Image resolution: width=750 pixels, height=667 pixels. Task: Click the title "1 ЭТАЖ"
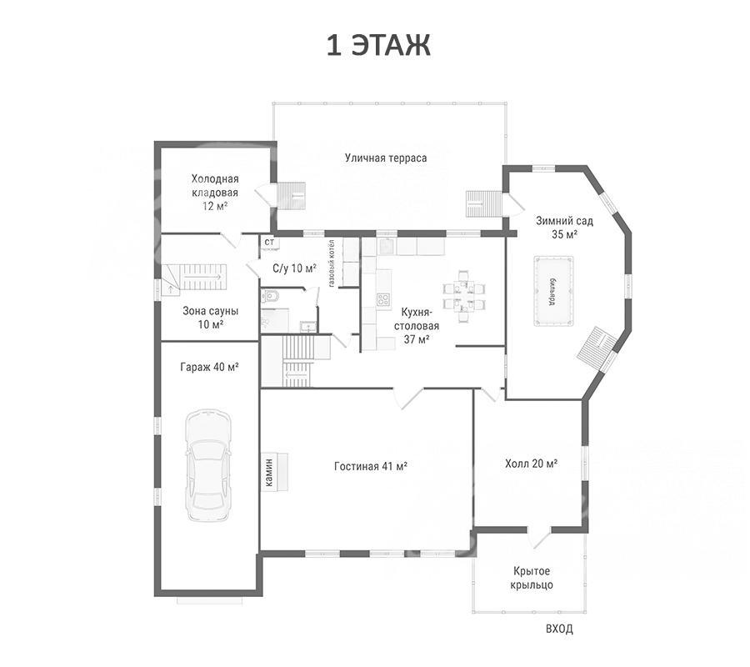(378, 46)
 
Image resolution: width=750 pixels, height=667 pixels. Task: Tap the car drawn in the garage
(208, 465)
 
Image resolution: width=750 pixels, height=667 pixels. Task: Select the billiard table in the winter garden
(553, 291)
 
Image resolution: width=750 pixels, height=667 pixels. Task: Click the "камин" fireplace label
(269, 471)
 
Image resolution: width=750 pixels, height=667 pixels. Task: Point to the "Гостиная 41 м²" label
(371, 466)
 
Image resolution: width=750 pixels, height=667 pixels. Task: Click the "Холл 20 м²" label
(532, 464)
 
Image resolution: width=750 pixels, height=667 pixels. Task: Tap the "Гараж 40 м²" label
(209, 367)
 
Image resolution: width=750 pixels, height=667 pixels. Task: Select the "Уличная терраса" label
(386, 158)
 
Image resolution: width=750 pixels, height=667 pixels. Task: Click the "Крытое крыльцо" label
(532, 578)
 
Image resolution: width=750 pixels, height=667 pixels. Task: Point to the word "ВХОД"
(559, 629)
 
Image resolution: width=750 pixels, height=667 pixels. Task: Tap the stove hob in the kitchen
(382, 300)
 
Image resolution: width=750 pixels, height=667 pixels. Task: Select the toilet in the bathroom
(268, 297)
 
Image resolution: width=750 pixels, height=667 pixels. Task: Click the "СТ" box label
(270, 242)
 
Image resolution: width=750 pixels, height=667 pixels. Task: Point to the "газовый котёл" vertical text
(332, 263)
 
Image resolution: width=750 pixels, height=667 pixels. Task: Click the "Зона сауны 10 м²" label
(211, 317)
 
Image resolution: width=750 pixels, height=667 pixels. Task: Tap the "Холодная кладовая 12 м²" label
(215, 193)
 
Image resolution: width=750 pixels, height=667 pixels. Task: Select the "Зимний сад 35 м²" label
(564, 228)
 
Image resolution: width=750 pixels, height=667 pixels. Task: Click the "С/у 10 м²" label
(295, 268)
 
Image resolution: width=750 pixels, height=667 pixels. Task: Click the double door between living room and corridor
(408, 398)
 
